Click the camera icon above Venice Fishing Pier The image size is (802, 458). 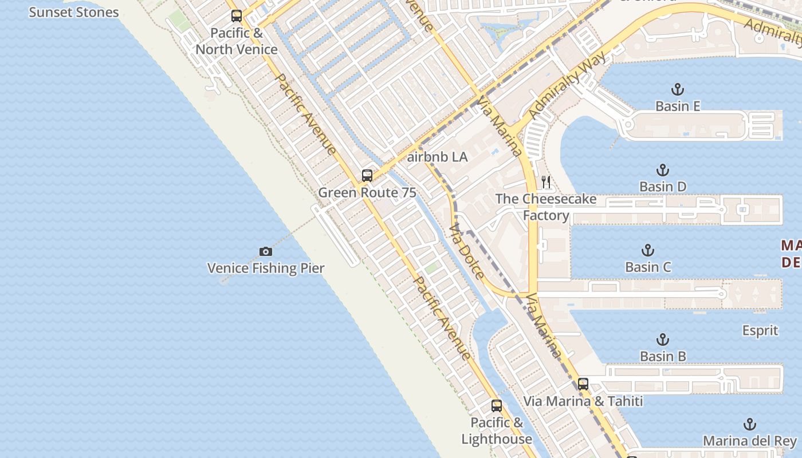pyautogui.click(x=265, y=251)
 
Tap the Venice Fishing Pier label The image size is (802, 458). pyautogui.click(x=266, y=268)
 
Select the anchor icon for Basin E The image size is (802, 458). pyautogui.click(x=678, y=89)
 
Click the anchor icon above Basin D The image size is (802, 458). pyautogui.click(x=663, y=170)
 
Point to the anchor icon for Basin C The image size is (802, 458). pyautogui.click(x=648, y=250)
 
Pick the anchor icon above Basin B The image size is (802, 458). pyautogui.click(x=663, y=339)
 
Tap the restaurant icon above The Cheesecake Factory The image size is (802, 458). pyautogui.click(x=546, y=182)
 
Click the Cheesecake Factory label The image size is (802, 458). pyautogui.click(x=546, y=207)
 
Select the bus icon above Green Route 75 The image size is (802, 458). pyautogui.click(x=367, y=176)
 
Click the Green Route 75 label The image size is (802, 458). pyautogui.click(x=367, y=192)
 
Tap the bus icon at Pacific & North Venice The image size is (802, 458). pyautogui.click(x=237, y=16)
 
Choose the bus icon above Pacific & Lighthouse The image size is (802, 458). pyautogui.click(x=497, y=406)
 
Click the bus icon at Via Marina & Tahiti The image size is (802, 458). pyautogui.click(x=583, y=384)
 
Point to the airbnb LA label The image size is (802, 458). pyautogui.click(x=438, y=157)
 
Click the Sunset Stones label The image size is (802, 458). pyautogui.click(x=74, y=12)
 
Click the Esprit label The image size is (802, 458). pyautogui.click(x=760, y=330)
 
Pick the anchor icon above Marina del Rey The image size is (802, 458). pyautogui.click(x=749, y=424)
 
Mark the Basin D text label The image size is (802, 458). pyautogui.click(x=663, y=187)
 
